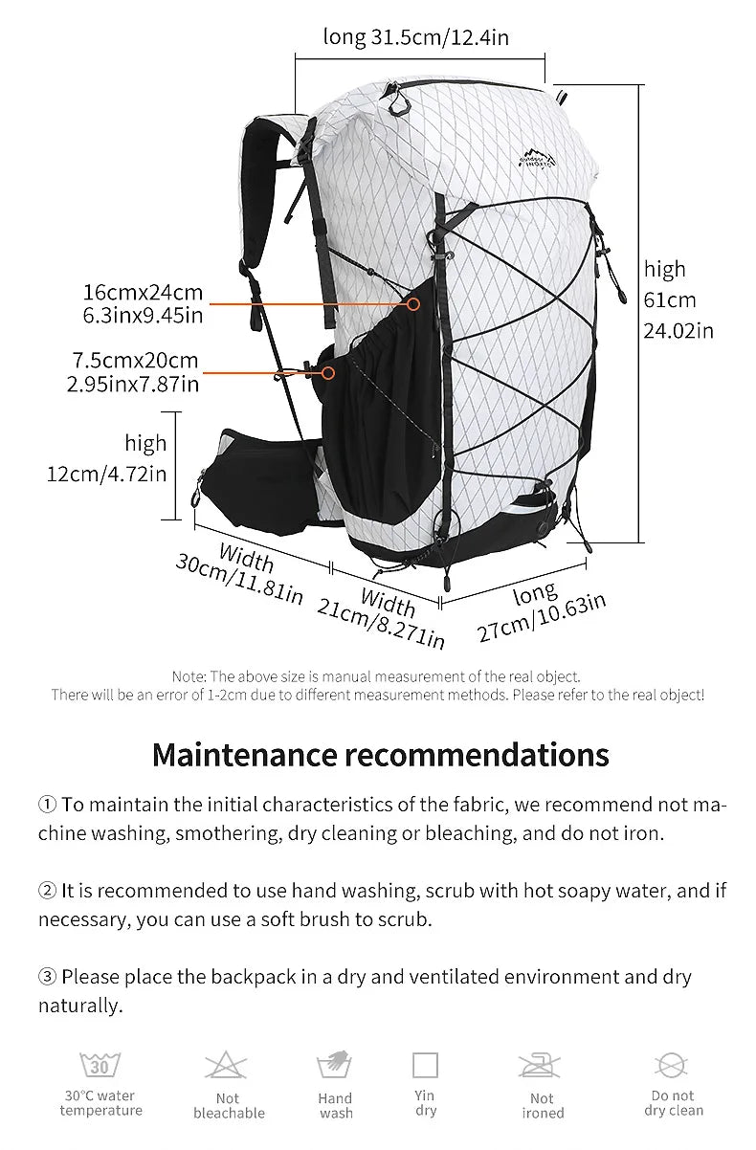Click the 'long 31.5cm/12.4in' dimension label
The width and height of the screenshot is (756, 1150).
[415, 37]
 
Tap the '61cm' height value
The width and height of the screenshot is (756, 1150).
[670, 300]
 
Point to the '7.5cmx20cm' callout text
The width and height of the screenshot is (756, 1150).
[135, 361]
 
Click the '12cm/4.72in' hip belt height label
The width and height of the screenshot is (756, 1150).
[106, 474]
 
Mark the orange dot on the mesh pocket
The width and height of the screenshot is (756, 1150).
[413, 304]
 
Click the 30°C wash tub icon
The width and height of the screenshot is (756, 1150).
[100, 1064]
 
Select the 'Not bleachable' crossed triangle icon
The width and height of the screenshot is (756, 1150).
[227, 1066]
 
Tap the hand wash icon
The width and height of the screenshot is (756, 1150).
[335, 1066]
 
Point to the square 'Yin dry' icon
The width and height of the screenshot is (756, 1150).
[425, 1065]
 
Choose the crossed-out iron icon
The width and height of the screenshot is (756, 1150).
[541, 1066]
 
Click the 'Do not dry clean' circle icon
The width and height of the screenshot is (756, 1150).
[672, 1065]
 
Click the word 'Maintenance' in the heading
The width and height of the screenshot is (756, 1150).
[245, 754]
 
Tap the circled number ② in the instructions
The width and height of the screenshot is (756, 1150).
[48, 891]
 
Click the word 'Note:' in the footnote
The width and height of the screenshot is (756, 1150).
[189, 676]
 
